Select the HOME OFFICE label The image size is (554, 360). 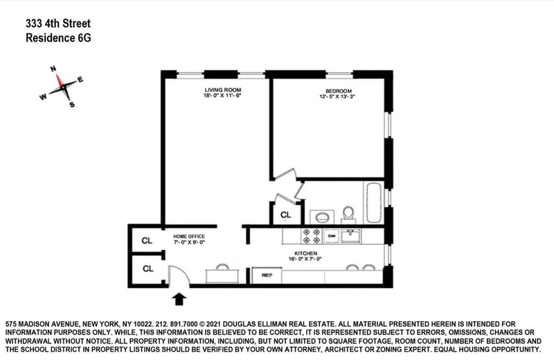pyautogui.click(x=190, y=237)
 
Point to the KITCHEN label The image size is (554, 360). pyautogui.click(x=305, y=254)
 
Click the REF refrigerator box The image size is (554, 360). pyautogui.click(x=265, y=276)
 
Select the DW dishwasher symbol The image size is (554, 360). pyautogui.click(x=332, y=235)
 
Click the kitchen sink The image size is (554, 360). pyautogui.click(x=352, y=235)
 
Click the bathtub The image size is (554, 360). pyautogui.click(x=375, y=202)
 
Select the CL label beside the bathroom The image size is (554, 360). pyautogui.click(x=285, y=215)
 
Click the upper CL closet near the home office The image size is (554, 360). pyautogui.click(x=147, y=241)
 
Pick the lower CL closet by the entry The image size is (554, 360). pyautogui.click(x=147, y=269)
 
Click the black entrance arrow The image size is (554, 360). pyautogui.click(x=179, y=298)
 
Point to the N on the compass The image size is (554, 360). pyautogui.click(x=53, y=69)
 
